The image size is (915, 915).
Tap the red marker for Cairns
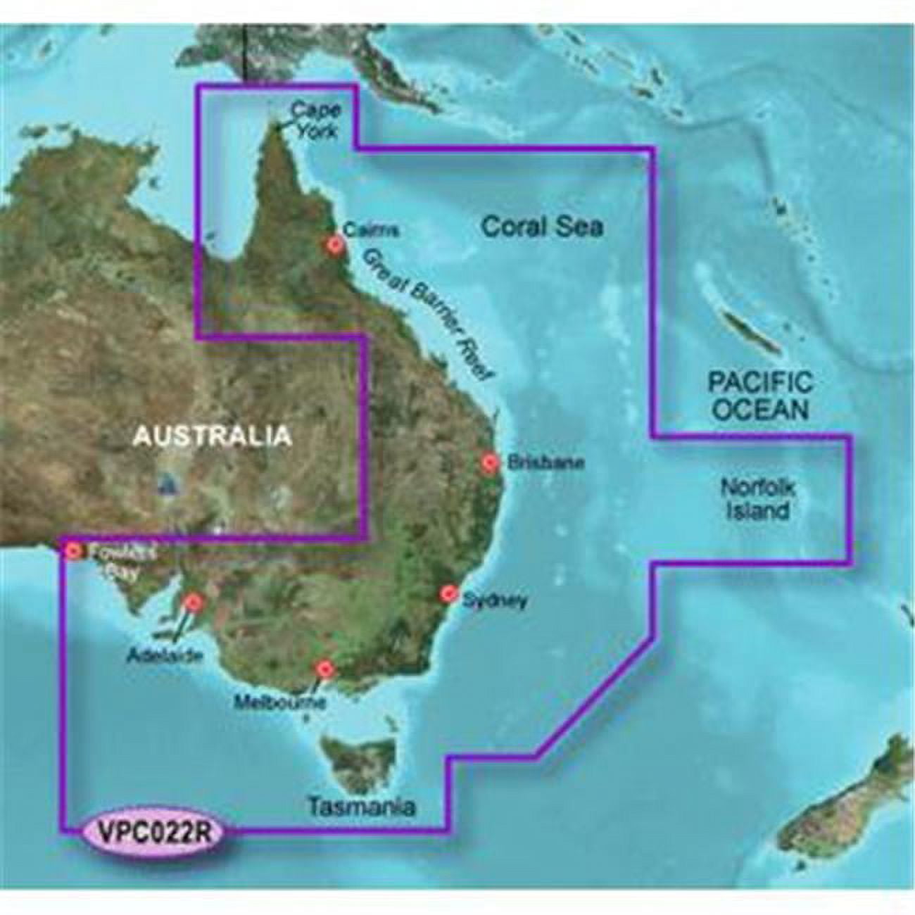pyautogui.click(x=335, y=244)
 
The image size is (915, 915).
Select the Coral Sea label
pyautogui.click(x=542, y=227)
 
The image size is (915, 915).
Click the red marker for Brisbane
pyautogui.click(x=491, y=462)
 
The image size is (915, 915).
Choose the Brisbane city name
pyautogui.click(x=536, y=463)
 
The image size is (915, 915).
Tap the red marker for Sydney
pyautogui.click(x=447, y=593)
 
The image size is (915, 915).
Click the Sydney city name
pyautogui.click(x=495, y=600)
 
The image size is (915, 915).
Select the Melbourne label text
pyautogui.click(x=290, y=702)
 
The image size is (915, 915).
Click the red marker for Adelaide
pyautogui.click(x=193, y=602)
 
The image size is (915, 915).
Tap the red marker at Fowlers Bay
pyautogui.click(x=72, y=552)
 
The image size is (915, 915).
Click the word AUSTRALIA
pyautogui.click(x=213, y=436)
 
